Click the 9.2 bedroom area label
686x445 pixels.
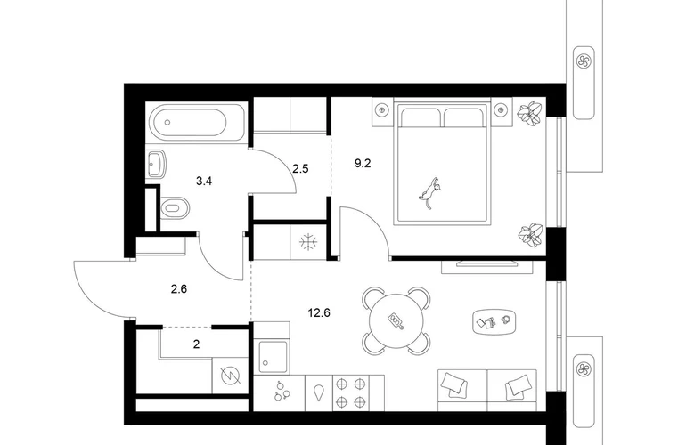(x=363, y=164)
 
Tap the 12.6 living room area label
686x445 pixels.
(x=319, y=313)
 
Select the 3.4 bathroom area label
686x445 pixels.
(x=204, y=181)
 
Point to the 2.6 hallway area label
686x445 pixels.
(x=179, y=289)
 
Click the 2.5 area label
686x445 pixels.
(x=300, y=168)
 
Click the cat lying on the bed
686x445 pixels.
(x=430, y=193)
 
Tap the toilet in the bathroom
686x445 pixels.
(x=175, y=207)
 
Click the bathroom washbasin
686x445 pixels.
(x=156, y=165)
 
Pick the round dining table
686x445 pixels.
(x=396, y=320)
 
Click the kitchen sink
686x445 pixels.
(x=273, y=355)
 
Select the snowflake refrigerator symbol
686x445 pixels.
(x=309, y=242)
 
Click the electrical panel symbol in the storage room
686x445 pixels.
(x=231, y=376)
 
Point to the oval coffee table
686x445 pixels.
(x=494, y=321)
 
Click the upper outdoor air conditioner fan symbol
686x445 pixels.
(x=584, y=61)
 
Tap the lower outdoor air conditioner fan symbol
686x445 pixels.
(x=584, y=369)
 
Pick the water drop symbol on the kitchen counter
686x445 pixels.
(x=319, y=392)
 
